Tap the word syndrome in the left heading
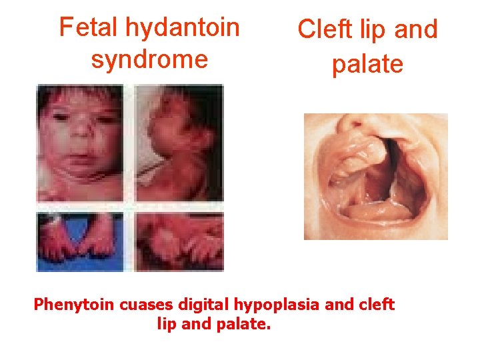pyautogui.click(x=149, y=59)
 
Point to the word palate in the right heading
pyautogui.click(x=367, y=65)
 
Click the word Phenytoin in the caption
pyautogui.click(x=74, y=305)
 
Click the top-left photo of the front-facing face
pyautogui.click(x=81, y=142)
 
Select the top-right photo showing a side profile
pyautogui.click(x=179, y=142)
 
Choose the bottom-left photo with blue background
pyautogui.click(x=81, y=241)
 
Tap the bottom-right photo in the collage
pyautogui.click(x=179, y=241)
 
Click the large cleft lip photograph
pyautogui.click(x=375, y=176)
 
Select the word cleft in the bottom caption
pyautogui.click(x=375, y=305)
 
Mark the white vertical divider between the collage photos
pyautogui.click(x=131, y=177)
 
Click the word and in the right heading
pyautogui.click(x=417, y=30)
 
